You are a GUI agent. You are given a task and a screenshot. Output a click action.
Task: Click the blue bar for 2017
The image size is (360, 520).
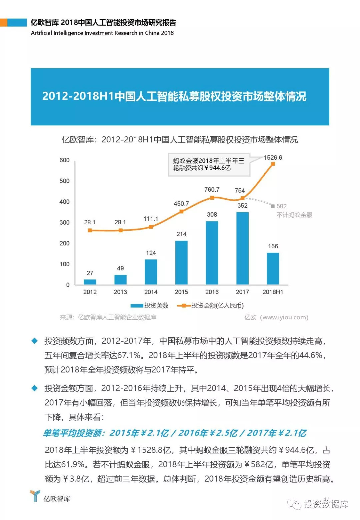click(x=242, y=248)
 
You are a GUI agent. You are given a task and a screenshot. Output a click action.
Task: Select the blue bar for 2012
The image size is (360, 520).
click(x=90, y=282)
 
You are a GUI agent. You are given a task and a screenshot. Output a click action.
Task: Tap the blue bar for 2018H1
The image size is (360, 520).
click(x=273, y=269)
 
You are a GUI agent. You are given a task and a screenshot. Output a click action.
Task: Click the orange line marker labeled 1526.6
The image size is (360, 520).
click(x=273, y=164)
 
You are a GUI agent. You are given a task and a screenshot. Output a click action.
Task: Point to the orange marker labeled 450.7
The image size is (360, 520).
click(x=181, y=212)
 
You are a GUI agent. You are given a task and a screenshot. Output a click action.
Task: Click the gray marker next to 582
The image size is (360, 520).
click(x=273, y=206)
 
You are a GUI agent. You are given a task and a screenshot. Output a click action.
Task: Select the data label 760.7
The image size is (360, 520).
click(x=212, y=190)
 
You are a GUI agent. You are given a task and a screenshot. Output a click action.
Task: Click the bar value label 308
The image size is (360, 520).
click(x=212, y=215)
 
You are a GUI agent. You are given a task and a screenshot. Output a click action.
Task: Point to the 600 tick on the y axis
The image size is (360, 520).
click(x=64, y=160)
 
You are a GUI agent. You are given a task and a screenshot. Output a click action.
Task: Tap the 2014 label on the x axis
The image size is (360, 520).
click(x=151, y=292)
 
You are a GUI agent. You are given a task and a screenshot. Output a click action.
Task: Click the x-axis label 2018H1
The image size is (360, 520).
click(x=273, y=292)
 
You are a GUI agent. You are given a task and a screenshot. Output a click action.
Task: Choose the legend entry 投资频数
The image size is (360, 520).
click(x=150, y=306)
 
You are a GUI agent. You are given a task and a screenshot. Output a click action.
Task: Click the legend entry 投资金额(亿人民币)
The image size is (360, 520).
click(x=211, y=306)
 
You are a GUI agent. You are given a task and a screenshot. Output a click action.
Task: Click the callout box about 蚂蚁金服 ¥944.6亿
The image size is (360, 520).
click(x=209, y=164)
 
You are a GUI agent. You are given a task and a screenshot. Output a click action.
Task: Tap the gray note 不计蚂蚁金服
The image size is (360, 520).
click(x=294, y=215)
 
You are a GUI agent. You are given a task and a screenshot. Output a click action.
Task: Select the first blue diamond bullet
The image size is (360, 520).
click(x=34, y=341)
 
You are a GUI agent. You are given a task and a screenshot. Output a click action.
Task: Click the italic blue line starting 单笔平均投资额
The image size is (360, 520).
click(x=174, y=433)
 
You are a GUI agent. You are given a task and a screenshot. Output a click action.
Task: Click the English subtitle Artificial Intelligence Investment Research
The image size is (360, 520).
click(x=102, y=33)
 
